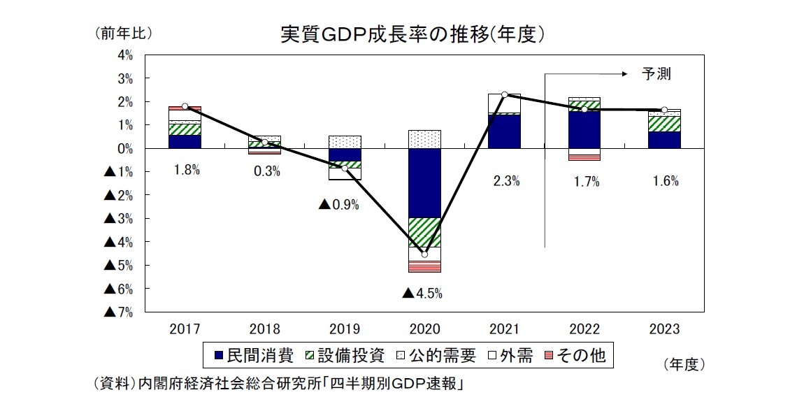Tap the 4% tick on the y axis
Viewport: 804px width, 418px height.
(x=125, y=55)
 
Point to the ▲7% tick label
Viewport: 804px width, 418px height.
(x=119, y=312)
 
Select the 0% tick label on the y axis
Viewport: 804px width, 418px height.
(x=125, y=149)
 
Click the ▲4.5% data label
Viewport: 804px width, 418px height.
(x=422, y=294)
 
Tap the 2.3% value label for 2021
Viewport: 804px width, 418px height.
(x=505, y=182)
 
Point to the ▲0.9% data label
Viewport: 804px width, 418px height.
(x=338, y=205)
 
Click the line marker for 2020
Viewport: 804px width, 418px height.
(x=424, y=254)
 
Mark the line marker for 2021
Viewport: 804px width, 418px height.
(x=505, y=95)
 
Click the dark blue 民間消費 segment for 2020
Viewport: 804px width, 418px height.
(x=424, y=183)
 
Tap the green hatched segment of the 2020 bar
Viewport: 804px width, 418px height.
(x=424, y=232)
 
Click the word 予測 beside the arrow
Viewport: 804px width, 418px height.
(x=656, y=73)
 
